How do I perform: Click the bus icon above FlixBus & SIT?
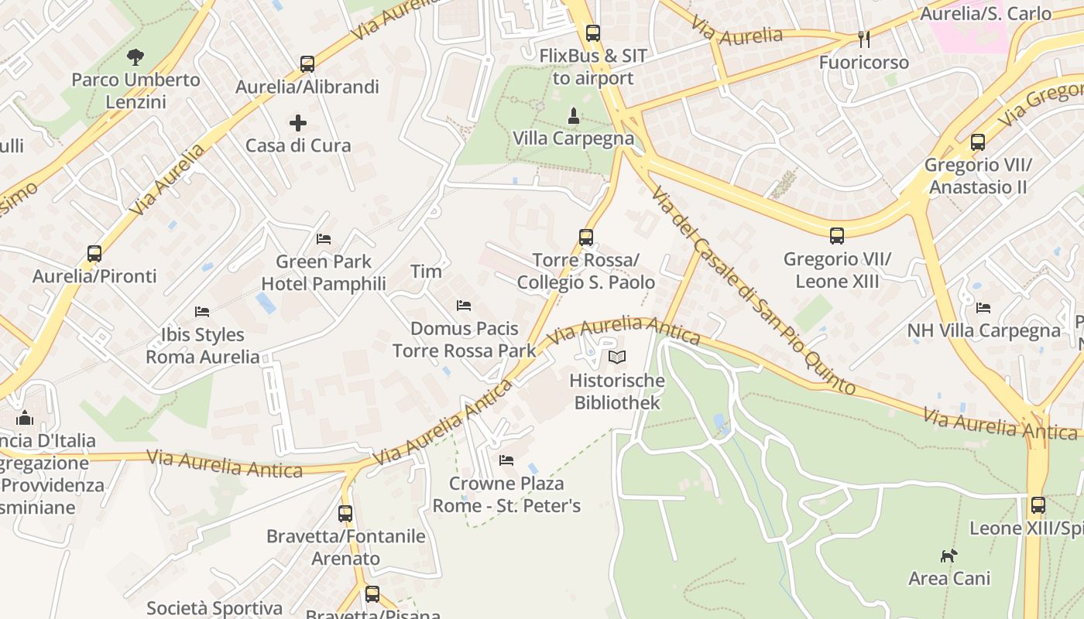pyautogui.click(x=593, y=33)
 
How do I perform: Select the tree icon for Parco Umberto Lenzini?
pyautogui.click(x=135, y=56)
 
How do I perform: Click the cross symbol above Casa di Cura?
pyautogui.click(x=298, y=122)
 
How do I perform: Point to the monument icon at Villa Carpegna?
pyautogui.click(x=573, y=116)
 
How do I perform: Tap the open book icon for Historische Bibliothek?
pyautogui.click(x=617, y=357)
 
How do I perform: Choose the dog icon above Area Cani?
pyautogui.click(x=948, y=555)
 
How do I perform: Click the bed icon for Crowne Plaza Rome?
pyautogui.click(x=506, y=460)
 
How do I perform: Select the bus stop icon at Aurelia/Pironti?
pyautogui.click(x=94, y=253)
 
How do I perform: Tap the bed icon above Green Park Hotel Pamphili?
pyautogui.click(x=324, y=238)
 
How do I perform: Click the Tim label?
pyautogui.click(x=426, y=271)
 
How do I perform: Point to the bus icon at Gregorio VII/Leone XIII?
pyautogui.click(x=837, y=235)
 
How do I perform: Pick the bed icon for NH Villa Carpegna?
pyautogui.click(x=983, y=307)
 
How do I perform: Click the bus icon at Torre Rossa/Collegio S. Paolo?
pyautogui.click(x=586, y=237)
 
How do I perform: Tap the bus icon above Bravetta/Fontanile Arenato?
pyautogui.click(x=345, y=513)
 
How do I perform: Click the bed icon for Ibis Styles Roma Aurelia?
pyautogui.click(x=202, y=312)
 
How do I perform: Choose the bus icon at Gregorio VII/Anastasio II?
pyautogui.click(x=978, y=142)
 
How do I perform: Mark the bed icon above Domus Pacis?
pyautogui.click(x=464, y=306)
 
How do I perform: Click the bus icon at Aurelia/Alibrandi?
pyautogui.click(x=307, y=63)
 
